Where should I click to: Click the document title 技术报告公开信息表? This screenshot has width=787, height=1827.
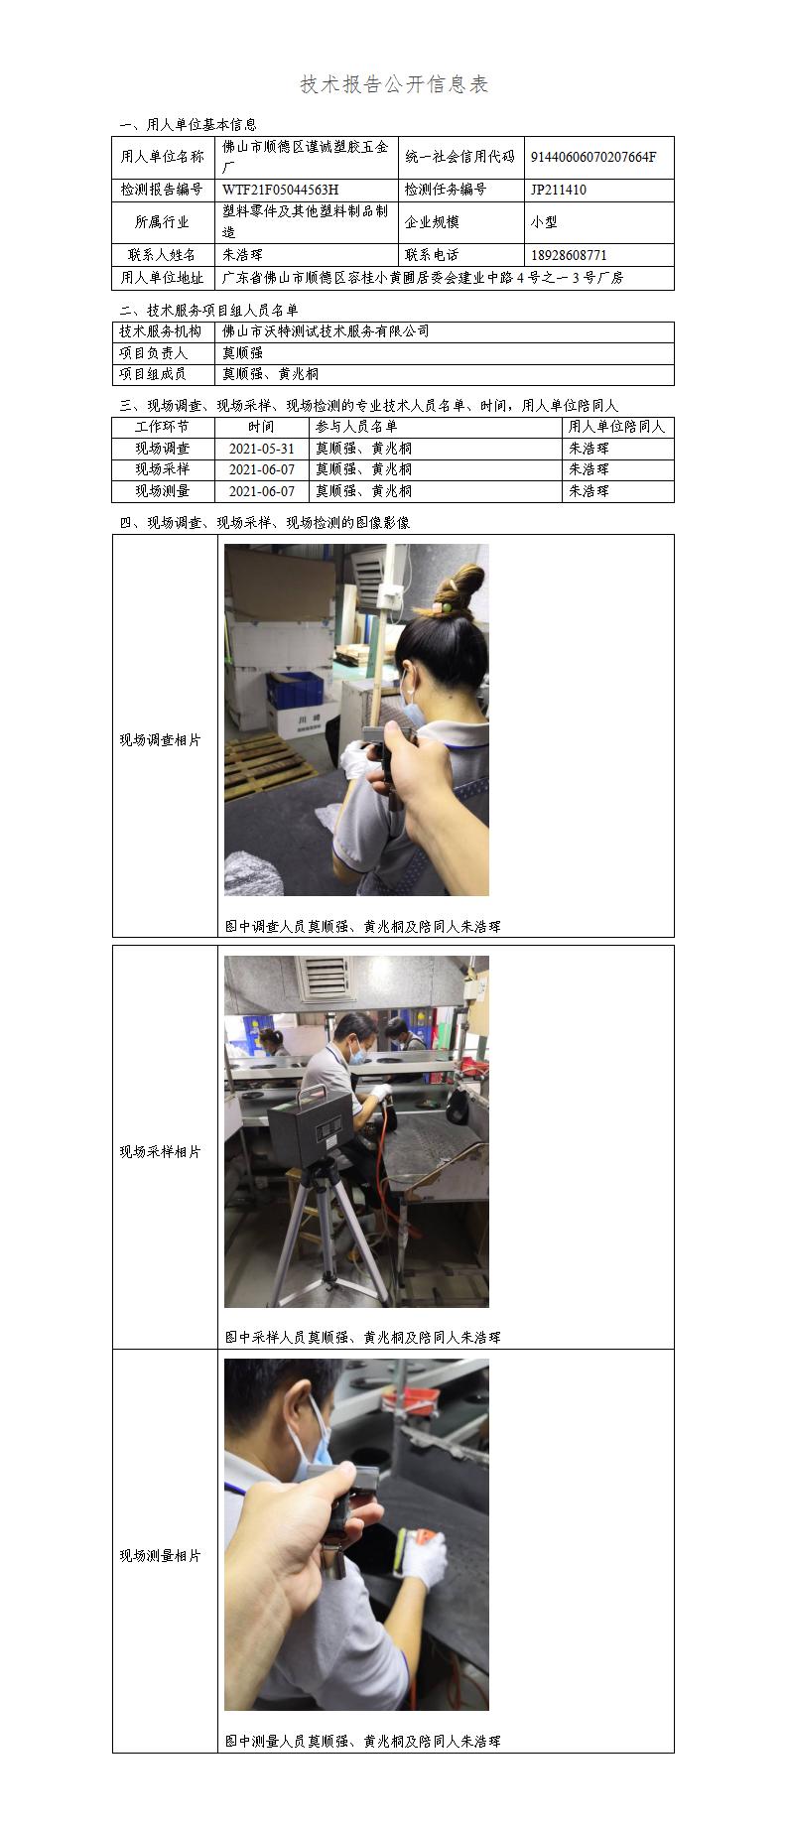[x=394, y=85]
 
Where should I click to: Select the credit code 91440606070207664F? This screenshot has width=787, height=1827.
[x=593, y=157]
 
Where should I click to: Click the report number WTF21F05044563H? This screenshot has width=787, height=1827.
[x=280, y=190]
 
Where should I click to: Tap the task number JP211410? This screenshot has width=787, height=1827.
[x=558, y=190]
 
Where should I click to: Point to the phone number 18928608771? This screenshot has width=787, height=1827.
[x=569, y=255]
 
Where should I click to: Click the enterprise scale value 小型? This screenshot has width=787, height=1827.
[x=544, y=222]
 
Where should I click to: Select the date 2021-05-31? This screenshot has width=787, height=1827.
[x=262, y=449]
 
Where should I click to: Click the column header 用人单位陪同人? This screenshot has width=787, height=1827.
[x=616, y=427]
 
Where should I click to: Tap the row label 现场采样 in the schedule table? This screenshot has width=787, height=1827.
[x=162, y=469]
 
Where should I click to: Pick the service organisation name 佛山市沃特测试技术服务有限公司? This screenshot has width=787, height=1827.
[x=326, y=331]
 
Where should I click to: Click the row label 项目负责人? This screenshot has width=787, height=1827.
[x=153, y=353]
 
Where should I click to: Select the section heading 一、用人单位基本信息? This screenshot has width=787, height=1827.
[x=188, y=125]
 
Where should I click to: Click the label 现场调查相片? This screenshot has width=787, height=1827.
[x=161, y=740]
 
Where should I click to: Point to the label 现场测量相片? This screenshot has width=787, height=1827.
[x=161, y=1556]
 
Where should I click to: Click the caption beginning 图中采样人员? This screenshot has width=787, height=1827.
[x=363, y=1337]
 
